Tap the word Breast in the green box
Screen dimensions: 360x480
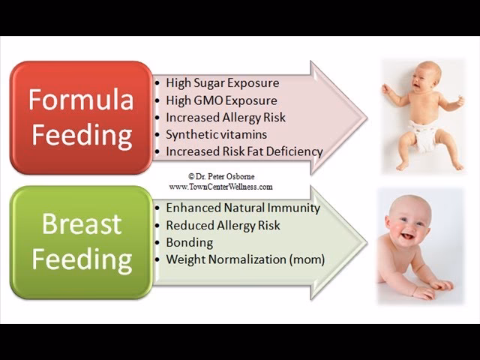point(82,223)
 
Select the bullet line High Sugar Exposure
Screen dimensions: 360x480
point(223,83)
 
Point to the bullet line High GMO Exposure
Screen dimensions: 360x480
point(221,100)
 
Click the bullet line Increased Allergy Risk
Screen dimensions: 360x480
point(226,117)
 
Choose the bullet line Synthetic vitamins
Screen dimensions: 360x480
point(217,134)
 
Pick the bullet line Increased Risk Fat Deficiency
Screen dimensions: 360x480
point(244,151)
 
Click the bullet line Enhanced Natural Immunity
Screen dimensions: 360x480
point(243,208)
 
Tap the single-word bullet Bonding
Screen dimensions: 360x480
point(190,242)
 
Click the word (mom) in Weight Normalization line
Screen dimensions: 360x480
point(308,259)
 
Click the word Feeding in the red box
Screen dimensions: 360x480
point(82,136)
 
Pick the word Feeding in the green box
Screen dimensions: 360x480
point(82,259)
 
